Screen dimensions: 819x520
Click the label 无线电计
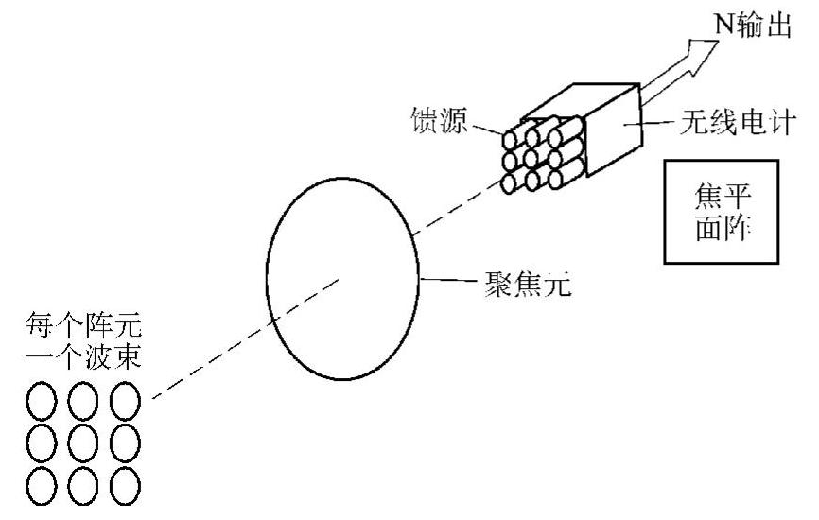(747, 123)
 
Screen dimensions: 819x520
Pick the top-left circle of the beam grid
(42, 401)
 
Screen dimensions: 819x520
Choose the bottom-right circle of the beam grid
(126, 487)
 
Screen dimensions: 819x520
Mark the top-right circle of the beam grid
(126, 401)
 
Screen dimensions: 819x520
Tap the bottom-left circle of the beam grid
(42, 487)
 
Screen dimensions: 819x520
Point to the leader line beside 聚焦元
(444, 281)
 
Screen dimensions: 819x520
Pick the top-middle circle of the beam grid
(84, 401)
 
